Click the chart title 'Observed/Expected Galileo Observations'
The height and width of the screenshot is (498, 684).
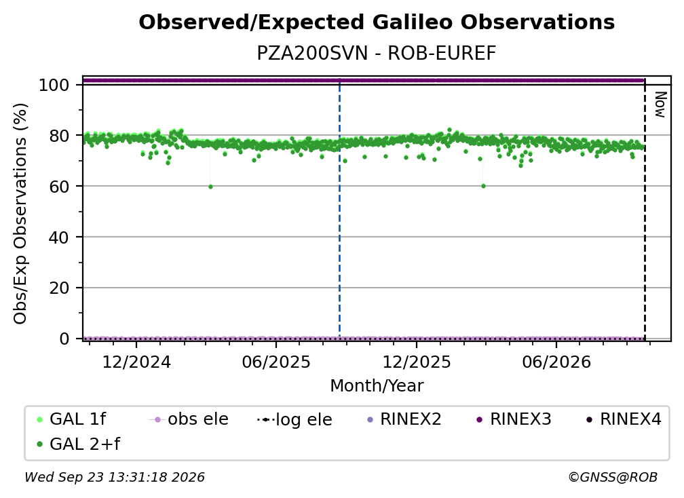click(x=377, y=22)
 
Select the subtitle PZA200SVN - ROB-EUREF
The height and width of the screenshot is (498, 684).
click(x=377, y=53)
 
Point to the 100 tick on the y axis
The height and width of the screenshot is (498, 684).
click(x=54, y=85)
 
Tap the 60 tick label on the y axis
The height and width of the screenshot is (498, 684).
click(x=59, y=187)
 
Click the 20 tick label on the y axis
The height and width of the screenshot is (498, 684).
click(x=59, y=288)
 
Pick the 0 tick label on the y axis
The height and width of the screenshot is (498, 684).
click(x=64, y=339)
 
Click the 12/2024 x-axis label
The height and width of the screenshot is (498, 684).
click(x=136, y=362)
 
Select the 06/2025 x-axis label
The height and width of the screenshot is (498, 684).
click(x=276, y=362)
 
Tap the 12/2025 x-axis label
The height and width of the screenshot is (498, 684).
click(x=417, y=362)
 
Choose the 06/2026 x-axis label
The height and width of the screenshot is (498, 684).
click(x=556, y=362)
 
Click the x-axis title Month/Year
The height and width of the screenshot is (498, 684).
click(x=377, y=386)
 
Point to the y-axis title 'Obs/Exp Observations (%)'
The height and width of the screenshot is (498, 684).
click(x=20, y=214)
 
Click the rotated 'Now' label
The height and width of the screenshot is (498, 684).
click(x=661, y=104)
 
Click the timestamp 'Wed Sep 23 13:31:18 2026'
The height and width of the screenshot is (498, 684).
click(x=115, y=478)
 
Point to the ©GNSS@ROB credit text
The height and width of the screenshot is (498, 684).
click(x=613, y=478)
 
